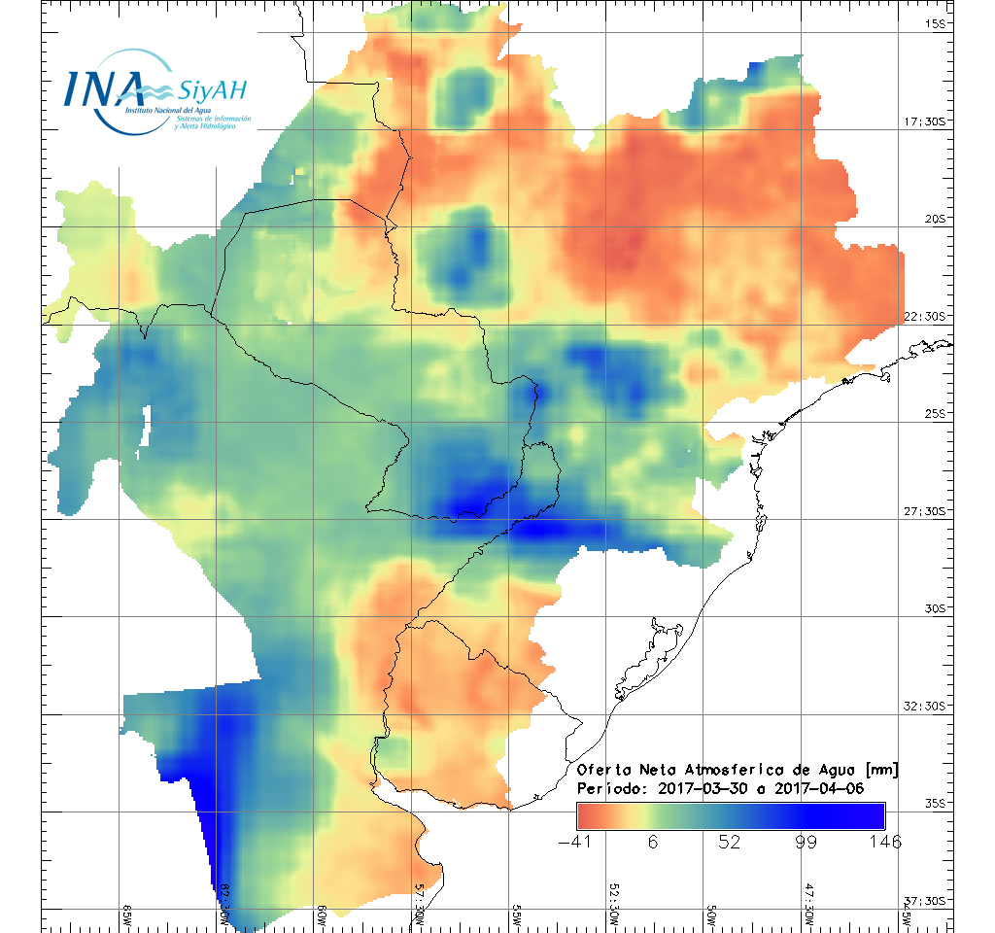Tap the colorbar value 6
[653, 842]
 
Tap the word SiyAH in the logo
[213, 91]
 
